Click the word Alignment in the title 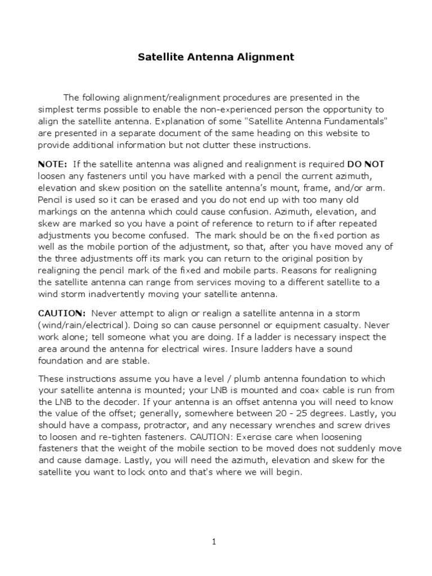point(267,57)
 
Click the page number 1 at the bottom point(214,542)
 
